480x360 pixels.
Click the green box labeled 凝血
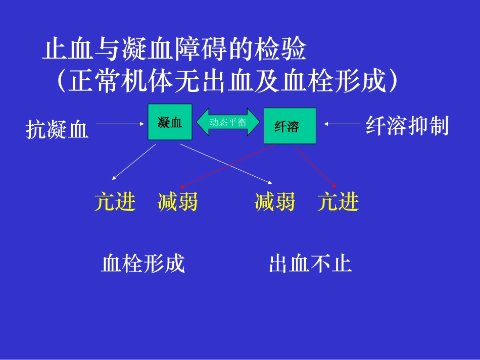[170, 122]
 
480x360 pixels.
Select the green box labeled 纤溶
[290, 126]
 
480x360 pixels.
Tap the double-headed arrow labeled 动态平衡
[228, 122]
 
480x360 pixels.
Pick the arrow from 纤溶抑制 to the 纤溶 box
[342, 123]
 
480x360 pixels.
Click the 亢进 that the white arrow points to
[115, 202]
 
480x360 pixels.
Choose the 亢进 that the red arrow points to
[338, 202]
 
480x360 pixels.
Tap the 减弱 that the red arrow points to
[177, 202]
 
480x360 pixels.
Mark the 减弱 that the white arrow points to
[275, 202]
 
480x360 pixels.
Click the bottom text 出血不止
[310, 264]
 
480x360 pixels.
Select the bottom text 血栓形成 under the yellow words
[143, 264]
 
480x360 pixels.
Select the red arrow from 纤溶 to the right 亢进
[315, 167]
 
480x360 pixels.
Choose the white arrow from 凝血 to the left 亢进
[134, 162]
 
